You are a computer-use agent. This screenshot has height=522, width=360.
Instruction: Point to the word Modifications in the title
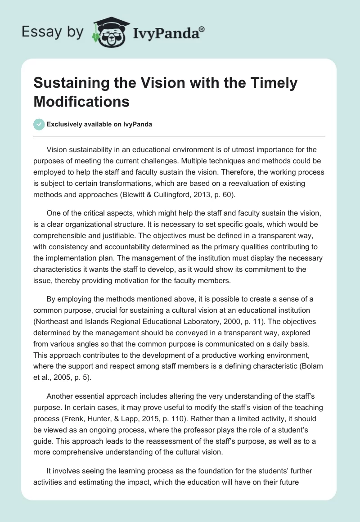tap(81, 101)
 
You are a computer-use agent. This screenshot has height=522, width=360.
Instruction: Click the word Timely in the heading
tap(274, 83)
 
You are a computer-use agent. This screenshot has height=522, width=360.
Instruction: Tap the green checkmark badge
tap(39, 124)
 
